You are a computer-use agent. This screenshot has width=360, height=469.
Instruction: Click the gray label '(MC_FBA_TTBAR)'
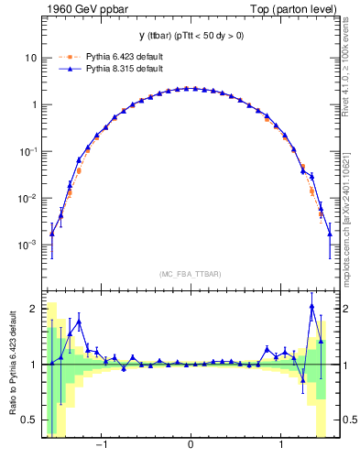(190, 275)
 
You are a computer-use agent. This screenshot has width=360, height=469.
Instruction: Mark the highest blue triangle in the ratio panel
(312, 307)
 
